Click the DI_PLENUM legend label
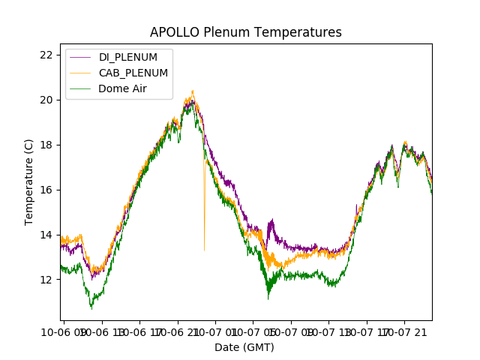click(128, 58)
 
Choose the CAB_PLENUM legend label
click(133, 73)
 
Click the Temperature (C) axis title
click(29, 181)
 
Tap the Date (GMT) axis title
click(244, 347)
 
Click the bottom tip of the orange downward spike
click(204, 250)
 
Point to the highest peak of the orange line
click(193, 91)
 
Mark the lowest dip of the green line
click(91, 308)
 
